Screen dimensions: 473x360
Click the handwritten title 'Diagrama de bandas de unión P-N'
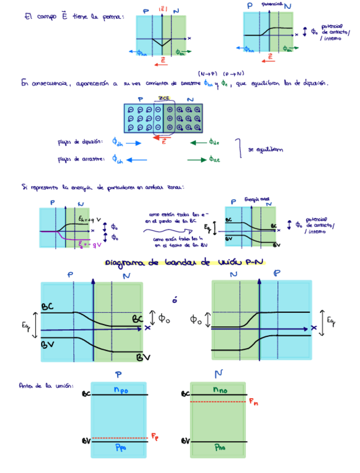click(184, 263)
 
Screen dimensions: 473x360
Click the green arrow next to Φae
click(196, 160)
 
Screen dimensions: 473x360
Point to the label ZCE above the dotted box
click(164, 98)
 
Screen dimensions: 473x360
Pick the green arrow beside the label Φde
click(197, 142)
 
